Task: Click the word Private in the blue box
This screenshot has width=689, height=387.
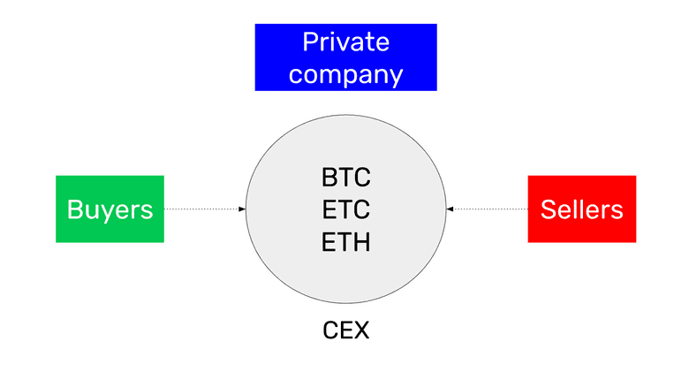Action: coord(345,42)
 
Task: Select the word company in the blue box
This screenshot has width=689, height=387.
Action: coord(345,73)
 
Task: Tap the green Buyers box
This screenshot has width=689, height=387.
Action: coord(110,209)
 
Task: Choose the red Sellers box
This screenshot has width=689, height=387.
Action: coord(581,209)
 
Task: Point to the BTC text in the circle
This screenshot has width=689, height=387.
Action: coord(345,178)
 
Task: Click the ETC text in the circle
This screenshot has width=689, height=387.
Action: coord(345,209)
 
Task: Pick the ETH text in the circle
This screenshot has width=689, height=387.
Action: coord(345,240)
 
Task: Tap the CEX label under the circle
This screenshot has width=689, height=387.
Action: coord(345,331)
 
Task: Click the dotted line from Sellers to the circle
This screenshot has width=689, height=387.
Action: coord(488,209)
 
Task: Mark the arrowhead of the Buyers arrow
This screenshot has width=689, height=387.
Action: coord(242,209)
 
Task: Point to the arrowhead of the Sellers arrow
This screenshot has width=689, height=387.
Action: coord(450,209)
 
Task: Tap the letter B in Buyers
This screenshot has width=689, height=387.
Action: coord(75,209)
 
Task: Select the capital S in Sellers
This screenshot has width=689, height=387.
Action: coord(548,209)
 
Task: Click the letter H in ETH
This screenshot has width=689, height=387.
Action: coord(360,240)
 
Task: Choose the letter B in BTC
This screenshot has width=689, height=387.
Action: coord(329,178)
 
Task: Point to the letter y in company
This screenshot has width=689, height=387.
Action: coord(395,76)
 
